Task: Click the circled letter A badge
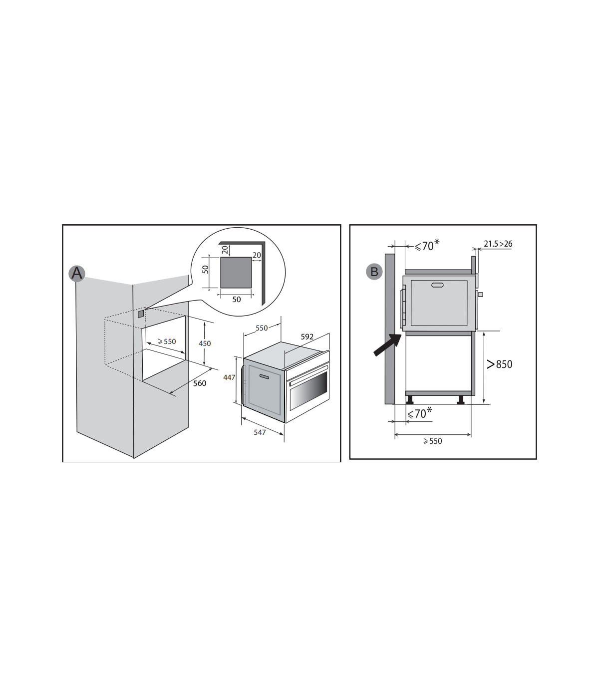tap(77, 273)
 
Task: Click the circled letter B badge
tap(374, 272)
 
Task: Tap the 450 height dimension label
tap(205, 343)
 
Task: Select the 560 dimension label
tap(200, 383)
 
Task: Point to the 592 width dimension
tap(307, 337)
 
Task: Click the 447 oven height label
tap(229, 377)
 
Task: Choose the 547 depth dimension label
tap(260, 432)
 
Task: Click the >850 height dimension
tap(500, 364)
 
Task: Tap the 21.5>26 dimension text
tap(498, 244)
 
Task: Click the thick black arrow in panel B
tap(387, 344)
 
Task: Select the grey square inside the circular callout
tap(236, 273)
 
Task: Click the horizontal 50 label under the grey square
tap(237, 300)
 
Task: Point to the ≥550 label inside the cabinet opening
tap(167, 342)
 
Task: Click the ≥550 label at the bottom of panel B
tap(433, 441)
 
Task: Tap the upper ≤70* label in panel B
tap(427, 246)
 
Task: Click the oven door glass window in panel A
tap(308, 391)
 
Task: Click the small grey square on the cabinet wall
tap(141, 314)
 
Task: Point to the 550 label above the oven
tap(262, 328)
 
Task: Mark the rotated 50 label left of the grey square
tap(206, 269)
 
